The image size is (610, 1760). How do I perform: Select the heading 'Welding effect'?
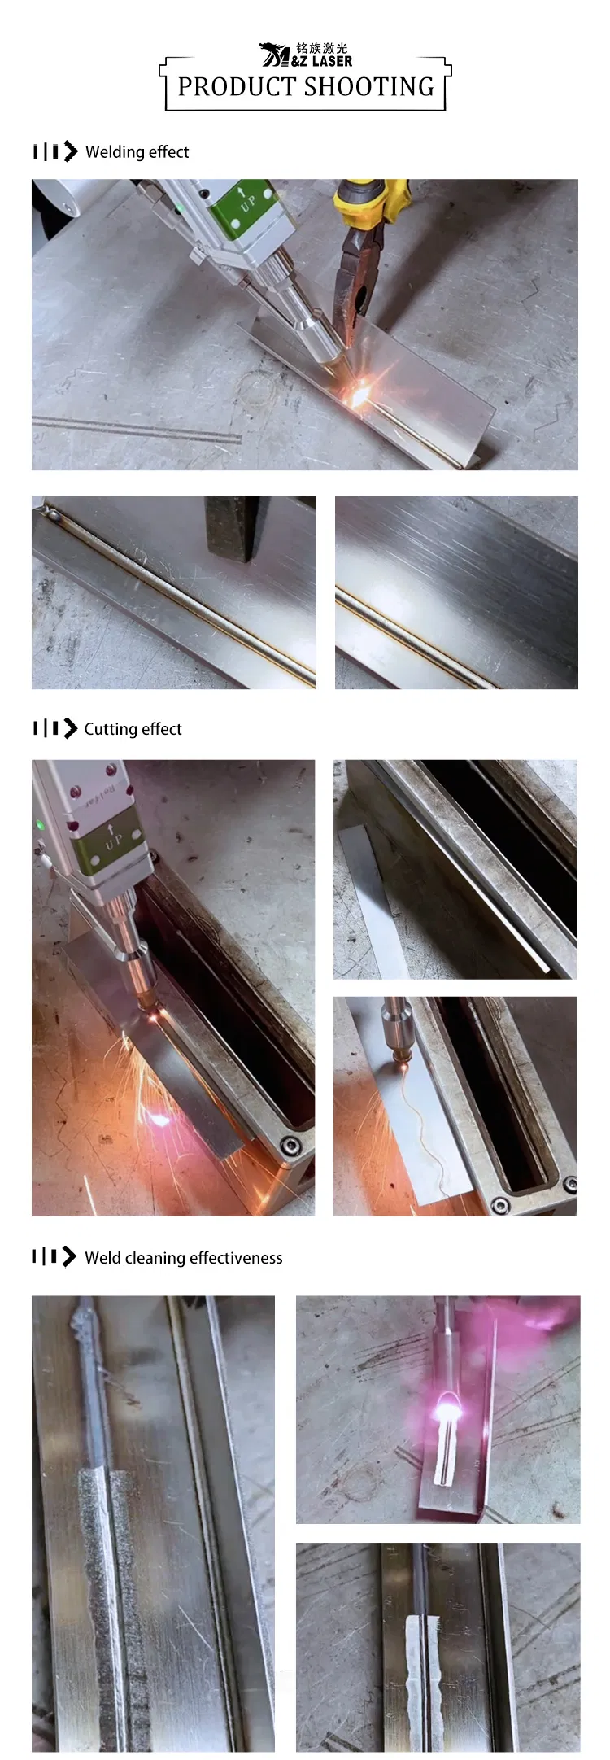click(x=137, y=152)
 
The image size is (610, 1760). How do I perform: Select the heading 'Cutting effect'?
click(x=133, y=729)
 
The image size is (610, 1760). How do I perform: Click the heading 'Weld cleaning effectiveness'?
click(x=183, y=1258)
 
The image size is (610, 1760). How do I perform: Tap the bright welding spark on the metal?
click(x=359, y=394)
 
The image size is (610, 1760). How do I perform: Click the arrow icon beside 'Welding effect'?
click(x=71, y=151)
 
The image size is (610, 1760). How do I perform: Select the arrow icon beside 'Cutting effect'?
click(x=71, y=728)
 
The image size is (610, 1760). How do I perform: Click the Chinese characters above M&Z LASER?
click(x=321, y=48)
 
